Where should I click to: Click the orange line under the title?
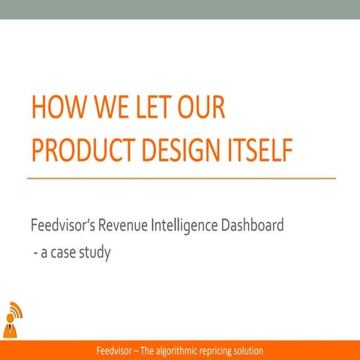[x=180, y=178]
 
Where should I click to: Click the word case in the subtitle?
[x=66, y=253]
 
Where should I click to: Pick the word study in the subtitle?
[x=97, y=253]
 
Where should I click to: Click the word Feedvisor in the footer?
[x=116, y=351]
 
